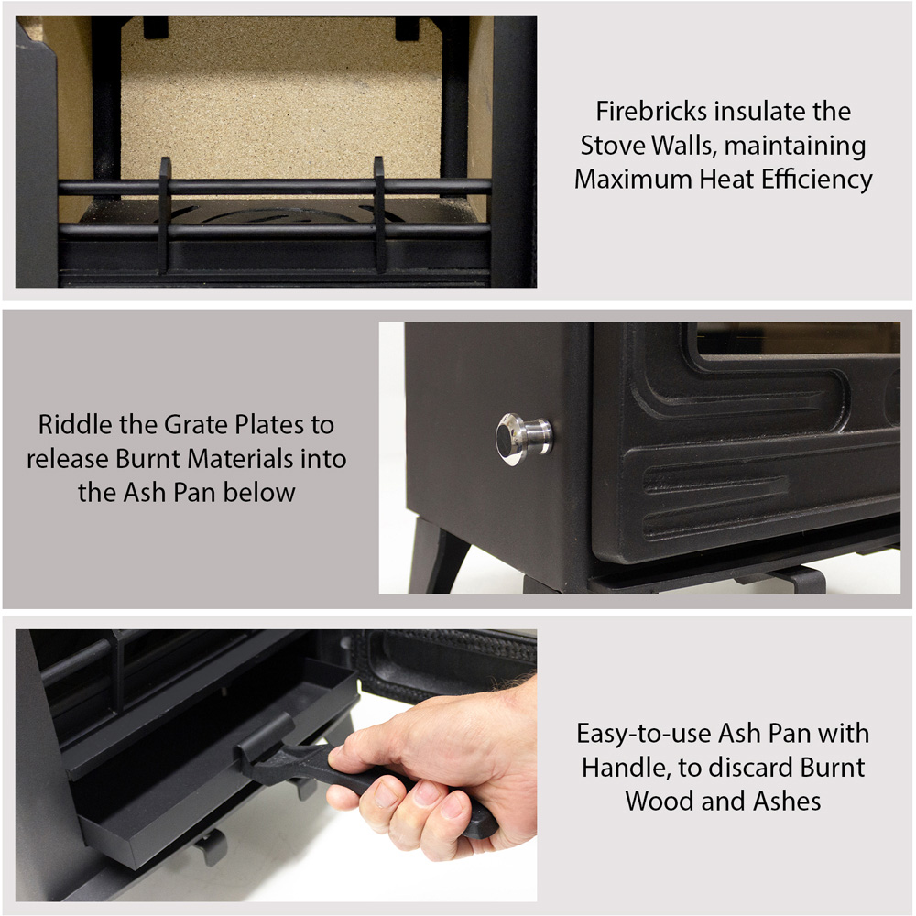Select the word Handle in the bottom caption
[x=627, y=768]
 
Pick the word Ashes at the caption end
[x=787, y=801]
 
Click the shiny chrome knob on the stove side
[x=523, y=439]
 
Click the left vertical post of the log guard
[x=165, y=214]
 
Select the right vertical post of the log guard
[x=380, y=214]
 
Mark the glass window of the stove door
[x=798, y=338]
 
